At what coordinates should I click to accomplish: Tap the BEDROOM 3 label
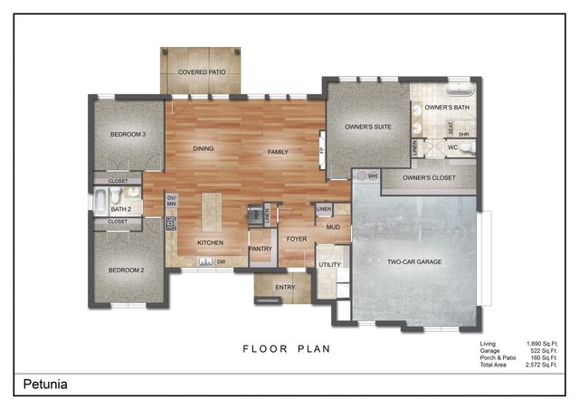point(128,135)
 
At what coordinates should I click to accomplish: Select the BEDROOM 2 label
point(128,270)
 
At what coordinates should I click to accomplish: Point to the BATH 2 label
point(121,209)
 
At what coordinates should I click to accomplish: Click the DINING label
point(204,148)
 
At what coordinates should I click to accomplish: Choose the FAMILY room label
point(277,152)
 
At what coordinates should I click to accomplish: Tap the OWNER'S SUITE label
point(367,128)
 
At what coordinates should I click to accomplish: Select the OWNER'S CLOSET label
point(427,178)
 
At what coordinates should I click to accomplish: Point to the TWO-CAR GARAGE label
point(414,262)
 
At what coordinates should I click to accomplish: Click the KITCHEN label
point(211,243)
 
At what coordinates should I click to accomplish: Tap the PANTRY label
point(261,248)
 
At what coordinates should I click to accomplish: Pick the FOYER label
point(297,239)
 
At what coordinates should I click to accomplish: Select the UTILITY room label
point(328,264)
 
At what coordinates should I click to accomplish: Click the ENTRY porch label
point(284,288)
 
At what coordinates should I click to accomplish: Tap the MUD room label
point(333,227)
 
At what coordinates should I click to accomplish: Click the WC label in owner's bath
point(452,147)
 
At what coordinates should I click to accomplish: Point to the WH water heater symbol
point(372,176)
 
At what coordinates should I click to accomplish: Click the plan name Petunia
point(45,385)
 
